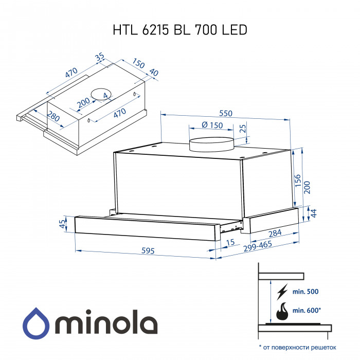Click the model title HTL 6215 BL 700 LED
point(180,30)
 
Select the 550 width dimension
point(226,113)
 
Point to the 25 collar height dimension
point(243,128)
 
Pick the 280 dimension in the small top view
point(53,116)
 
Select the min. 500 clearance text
point(305,292)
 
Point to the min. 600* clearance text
point(307,311)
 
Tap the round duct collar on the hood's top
point(211,145)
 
